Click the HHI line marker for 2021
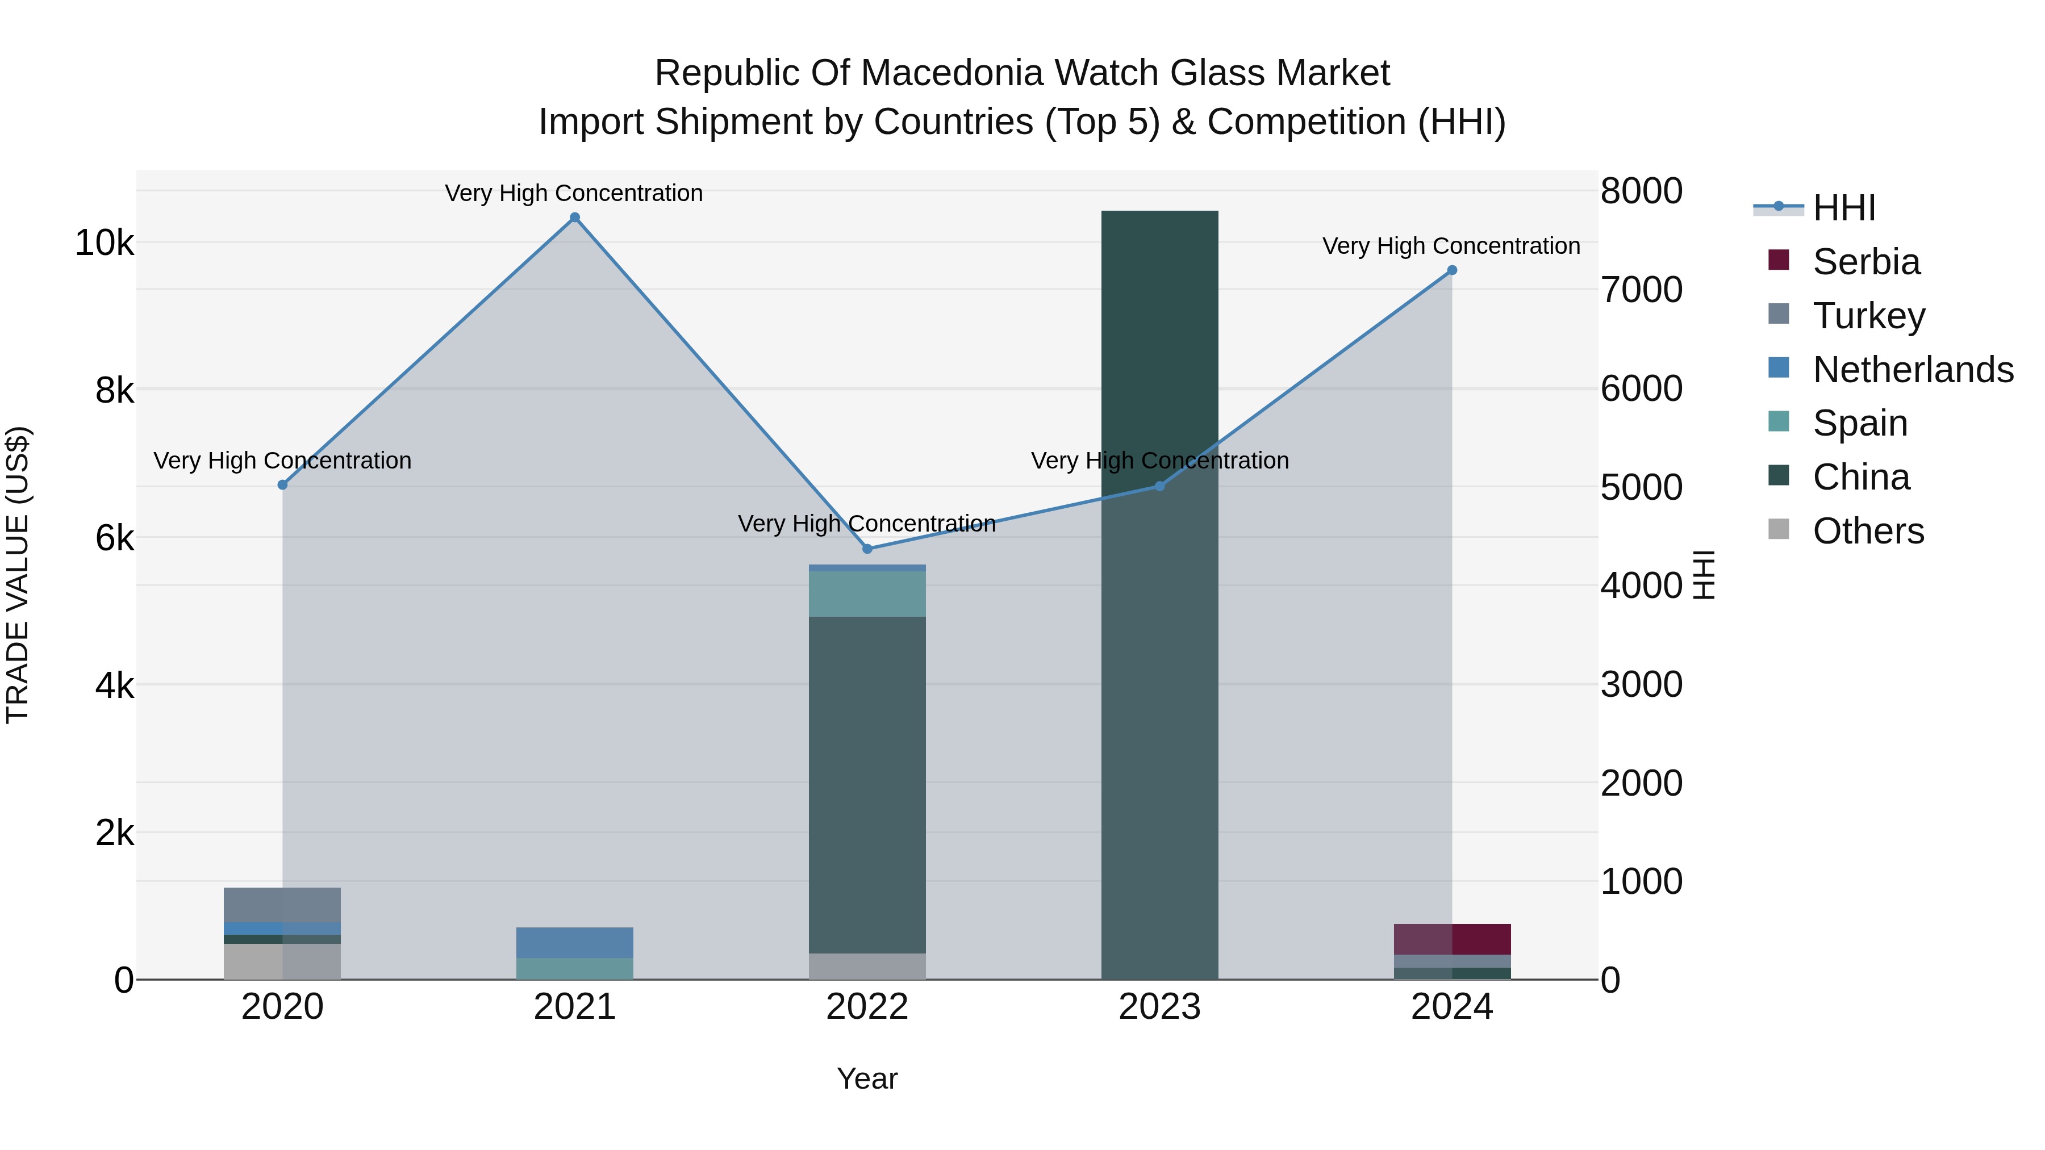click(x=575, y=218)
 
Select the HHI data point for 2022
click(x=867, y=549)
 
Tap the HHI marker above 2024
click(x=1452, y=270)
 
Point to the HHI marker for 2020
click(x=283, y=484)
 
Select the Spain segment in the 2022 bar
click(x=867, y=593)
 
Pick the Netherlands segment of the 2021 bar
click(x=575, y=942)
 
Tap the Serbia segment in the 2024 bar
click(x=1452, y=939)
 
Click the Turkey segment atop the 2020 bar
click(x=283, y=905)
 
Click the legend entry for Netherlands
click(x=1913, y=370)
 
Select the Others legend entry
click(x=1868, y=531)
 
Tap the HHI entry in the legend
click(x=1843, y=208)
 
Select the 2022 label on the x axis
click(x=867, y=1007)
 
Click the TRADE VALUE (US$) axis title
click(x=18, y=575)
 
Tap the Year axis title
click(x=867, y=1078)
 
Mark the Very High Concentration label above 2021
click(x=573, y=193)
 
